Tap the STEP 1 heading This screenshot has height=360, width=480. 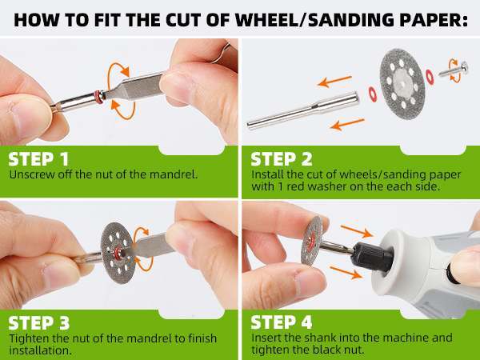[38, 159]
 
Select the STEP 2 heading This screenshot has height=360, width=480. [282, 159]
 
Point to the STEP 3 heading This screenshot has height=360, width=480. [39, 323]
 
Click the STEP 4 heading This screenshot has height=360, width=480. [282, 322]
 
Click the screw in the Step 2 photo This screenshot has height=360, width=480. [454, 70]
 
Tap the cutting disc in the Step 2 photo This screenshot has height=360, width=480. [403, 84]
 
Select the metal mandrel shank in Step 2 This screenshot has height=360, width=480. [303, 111]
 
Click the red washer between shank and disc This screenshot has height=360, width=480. [373, 94]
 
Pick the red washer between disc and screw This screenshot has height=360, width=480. [430, 77]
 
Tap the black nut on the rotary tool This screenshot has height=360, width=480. [372, 257]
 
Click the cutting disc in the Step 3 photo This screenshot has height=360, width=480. [118, 253]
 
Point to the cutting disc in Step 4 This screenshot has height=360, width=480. [312, 241]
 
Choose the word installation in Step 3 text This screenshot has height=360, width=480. [41, 350]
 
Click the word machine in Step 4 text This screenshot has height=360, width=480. [405, 338]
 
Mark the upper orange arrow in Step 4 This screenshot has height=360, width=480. [357, 231]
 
